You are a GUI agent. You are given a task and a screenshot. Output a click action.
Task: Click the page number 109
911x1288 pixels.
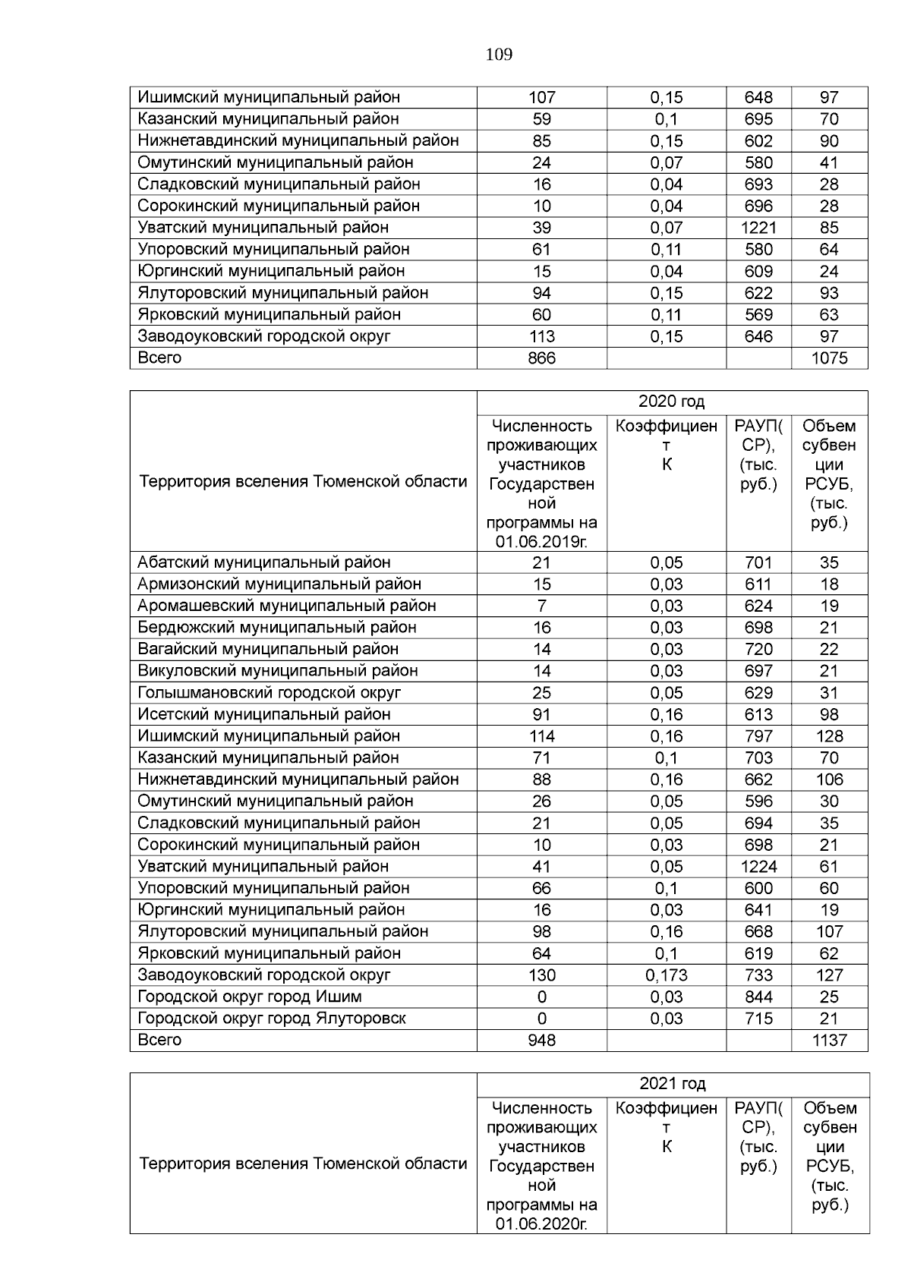coord(498,55)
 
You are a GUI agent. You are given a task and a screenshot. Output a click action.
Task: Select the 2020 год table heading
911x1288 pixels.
coord(671,402)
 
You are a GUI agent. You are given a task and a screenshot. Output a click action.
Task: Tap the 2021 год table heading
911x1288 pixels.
coord(672,1083)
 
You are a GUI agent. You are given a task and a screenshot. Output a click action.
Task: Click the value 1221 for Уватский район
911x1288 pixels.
coord(758,228)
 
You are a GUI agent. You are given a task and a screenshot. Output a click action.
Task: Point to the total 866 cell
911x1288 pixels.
coord(541,358)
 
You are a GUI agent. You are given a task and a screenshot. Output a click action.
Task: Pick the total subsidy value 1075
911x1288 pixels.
coord(829,358)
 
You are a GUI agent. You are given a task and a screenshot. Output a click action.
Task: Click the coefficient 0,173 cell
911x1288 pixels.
coord(666,975)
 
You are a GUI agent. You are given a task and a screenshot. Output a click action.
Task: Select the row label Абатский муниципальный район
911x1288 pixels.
coord(264,562)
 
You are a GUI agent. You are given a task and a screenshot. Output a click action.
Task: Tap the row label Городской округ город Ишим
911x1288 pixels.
coord(250,997)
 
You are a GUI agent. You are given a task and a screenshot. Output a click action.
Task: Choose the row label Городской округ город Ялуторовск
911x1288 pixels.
coord(272,1019)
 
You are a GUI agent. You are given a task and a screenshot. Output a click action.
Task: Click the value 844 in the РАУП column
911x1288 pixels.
coord(758,997)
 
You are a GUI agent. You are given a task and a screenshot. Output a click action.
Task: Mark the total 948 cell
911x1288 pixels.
coord(541,1041)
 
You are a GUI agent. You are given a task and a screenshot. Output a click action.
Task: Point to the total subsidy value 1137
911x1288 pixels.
coord(829,1041)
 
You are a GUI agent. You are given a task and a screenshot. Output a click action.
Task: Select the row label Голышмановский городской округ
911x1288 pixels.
coord(270,692)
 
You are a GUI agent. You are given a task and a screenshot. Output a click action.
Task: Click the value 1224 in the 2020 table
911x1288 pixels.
coord(758,867)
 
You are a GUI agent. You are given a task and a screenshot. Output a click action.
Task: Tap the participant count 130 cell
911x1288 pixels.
coord(541,975)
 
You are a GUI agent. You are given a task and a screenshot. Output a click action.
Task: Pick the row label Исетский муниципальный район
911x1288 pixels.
coord(264,714)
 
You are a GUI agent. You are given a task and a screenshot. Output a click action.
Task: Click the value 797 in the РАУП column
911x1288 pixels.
coord(758,736)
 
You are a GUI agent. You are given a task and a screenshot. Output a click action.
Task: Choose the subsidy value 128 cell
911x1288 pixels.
coord(829,736)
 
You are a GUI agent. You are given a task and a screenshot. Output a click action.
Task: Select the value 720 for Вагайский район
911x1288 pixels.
coord(758,649)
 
